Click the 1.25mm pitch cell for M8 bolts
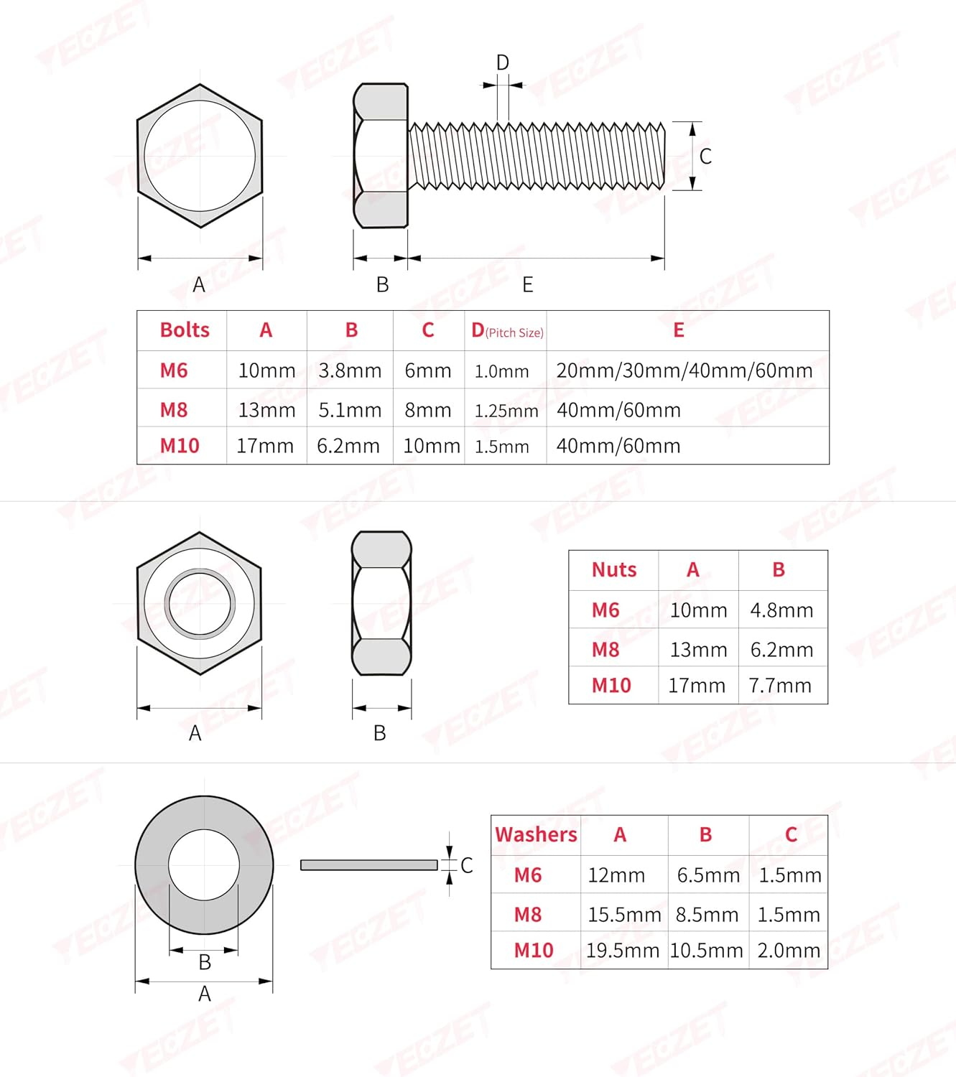point(506,411)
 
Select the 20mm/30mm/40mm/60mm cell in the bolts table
point(684,370)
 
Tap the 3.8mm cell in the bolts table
point(350,370)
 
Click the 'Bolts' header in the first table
point(185,330)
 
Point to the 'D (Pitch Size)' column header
point(506,330)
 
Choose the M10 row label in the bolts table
point(180,446)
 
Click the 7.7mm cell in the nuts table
point(780,686)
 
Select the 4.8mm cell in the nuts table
point(781,610)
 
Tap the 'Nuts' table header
point(614,570)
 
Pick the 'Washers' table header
point(536,835)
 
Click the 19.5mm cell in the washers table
point(623,951)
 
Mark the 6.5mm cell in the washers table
point(708,875)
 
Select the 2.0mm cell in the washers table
point(789,951)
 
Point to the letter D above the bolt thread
point(503,63)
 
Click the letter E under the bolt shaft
point(528,285)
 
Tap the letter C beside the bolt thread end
point(705,157)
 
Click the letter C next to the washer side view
point(467,865)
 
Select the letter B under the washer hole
point(205,962)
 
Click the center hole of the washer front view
point(204,864)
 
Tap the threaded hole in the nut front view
point(200,604)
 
